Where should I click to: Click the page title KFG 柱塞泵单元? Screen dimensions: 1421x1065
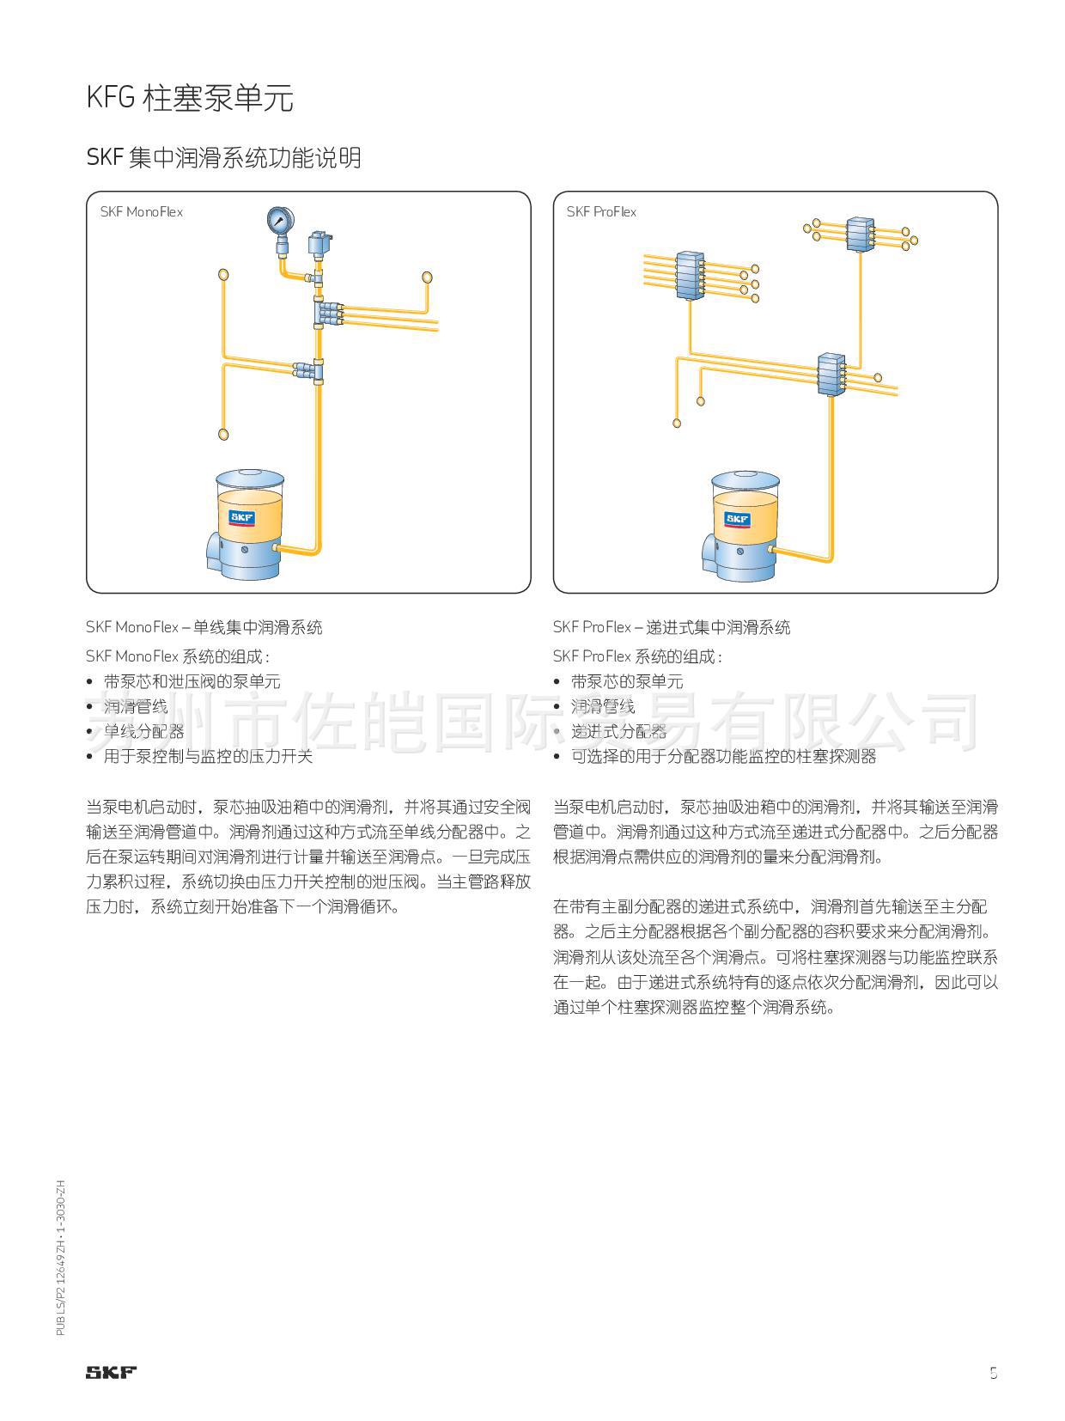click(x=190, y=99)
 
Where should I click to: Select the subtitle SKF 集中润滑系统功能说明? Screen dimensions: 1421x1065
click(x=223, y=158)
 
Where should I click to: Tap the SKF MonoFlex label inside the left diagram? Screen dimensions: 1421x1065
click(x=141, y=212)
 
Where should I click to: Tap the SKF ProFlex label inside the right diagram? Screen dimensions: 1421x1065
click(x=601, y=212)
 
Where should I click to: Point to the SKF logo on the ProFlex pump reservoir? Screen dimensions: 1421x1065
click(x=737, y=519)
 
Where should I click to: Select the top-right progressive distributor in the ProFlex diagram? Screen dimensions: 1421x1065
click(x=860, y=234)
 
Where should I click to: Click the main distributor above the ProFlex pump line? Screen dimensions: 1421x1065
click(x=831, y=374)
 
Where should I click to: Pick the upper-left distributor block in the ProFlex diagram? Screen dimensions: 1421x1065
click(x=690, y=275)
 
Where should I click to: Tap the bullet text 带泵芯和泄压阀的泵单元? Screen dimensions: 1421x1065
click(x=192, y=681)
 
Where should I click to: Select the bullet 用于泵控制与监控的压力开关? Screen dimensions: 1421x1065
click(x=208, y=756)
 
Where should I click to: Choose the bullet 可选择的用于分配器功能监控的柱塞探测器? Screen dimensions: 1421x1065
click(x=723, y=756)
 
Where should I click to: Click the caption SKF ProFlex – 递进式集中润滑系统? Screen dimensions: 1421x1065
click(x=672, y=627)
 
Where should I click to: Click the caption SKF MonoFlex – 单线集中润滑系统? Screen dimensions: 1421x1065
click(x=204, y=627)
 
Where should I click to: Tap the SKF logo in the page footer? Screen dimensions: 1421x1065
click(x=111, y=1372)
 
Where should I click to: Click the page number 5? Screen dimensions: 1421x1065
click(x=993, y=1372)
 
